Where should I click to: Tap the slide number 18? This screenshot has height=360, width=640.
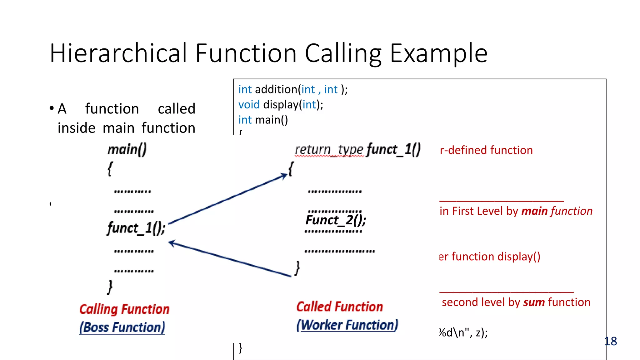[x=611, y=341]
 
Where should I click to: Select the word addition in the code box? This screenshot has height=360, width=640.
[x=276, y=90]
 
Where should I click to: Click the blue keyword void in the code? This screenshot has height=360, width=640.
[x=249, y=105]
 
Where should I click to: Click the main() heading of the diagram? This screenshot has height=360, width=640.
[x=127, y=149]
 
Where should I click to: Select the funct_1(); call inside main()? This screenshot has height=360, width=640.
[x=136, y=228]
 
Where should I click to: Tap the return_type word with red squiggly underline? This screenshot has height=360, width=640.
[x=329, y=150]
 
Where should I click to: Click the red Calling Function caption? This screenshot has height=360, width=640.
[x=124, y=309]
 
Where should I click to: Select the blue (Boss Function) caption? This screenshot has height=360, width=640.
[x=122, y=327]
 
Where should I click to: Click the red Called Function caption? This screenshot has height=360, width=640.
[x=340, y=307]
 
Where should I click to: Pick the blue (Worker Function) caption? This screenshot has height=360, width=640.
[x=347, y=325]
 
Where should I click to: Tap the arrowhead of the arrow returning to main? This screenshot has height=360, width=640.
[x=172, y=243]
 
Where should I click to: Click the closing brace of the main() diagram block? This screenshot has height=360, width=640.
[x=110, y=287]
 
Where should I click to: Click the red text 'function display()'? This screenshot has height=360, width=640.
[x=496, y=257]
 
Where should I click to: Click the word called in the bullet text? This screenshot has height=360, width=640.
[x=176, y=109]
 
